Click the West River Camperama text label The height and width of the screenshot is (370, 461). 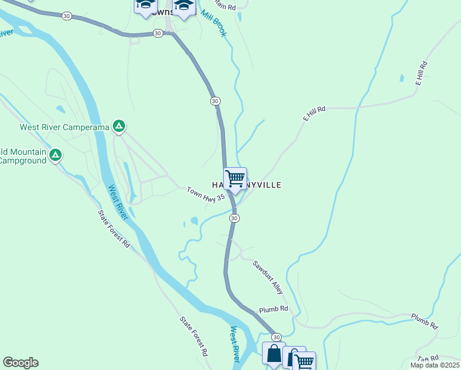64,128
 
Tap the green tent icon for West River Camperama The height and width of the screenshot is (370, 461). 119,127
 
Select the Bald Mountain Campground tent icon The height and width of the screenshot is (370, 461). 55,154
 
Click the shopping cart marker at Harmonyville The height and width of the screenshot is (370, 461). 235,179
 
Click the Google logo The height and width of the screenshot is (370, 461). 20,363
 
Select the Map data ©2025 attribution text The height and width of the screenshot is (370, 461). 434,365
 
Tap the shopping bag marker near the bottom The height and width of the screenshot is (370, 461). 274,354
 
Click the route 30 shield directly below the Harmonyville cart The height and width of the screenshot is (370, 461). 234,218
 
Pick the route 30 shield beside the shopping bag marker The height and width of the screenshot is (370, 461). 277,337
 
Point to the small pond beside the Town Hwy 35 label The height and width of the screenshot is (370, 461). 195,220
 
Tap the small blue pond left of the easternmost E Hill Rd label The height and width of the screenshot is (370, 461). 402,78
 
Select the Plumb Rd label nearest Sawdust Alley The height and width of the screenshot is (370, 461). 274,308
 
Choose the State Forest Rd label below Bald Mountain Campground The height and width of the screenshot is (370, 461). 114,229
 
